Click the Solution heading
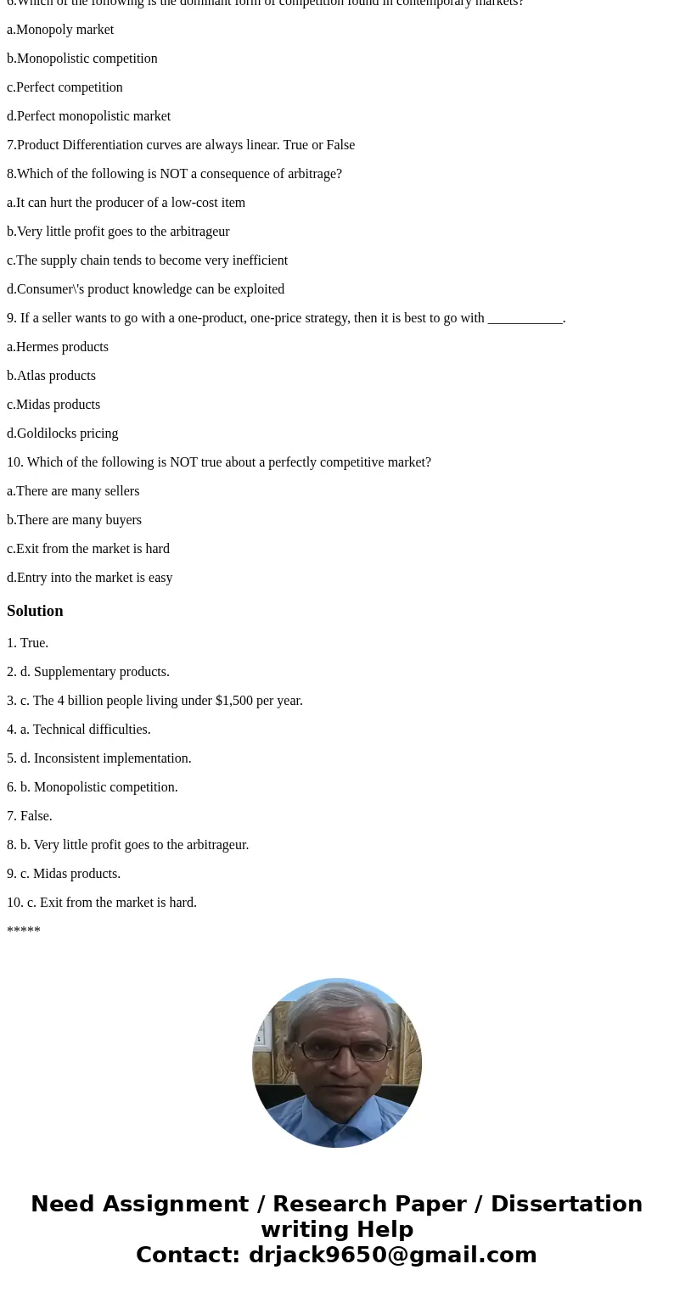(35, 611)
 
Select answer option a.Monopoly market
(60, 30)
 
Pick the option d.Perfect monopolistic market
(88, 116)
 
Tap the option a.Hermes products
(58, 347)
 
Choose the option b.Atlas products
(51, 376)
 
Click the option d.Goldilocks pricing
(63, 433)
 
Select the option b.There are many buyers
(74, 520)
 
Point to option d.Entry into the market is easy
(89, 578)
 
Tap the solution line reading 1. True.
(28, 643)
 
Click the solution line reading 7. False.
(30, 816)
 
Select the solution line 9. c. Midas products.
(64, 874)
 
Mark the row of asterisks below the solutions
(24, 931)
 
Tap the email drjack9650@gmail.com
(392, 1255)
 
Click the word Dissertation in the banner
(566, 1204)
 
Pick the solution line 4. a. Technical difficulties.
(79, 730)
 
